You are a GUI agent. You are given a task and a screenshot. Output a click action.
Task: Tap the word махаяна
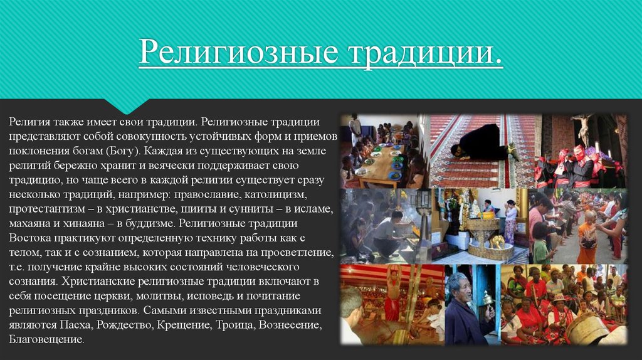point(30,224)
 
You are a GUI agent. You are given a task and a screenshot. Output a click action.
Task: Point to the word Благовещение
point(46,339)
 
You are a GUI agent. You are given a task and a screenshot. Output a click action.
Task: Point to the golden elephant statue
point(497,241)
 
